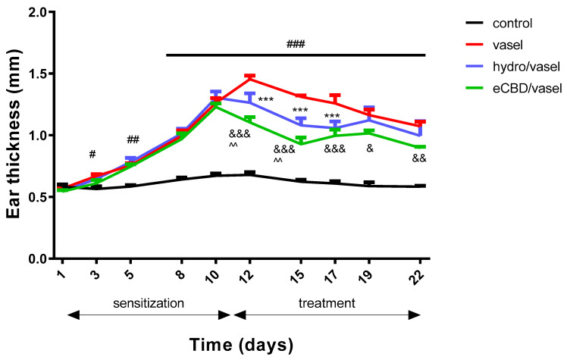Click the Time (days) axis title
point(240,345)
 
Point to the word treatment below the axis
point(327,303)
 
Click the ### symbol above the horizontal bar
point(295,45)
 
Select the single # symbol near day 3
point(92,155)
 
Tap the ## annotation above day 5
point(133,139)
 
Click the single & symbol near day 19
point(370,149)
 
